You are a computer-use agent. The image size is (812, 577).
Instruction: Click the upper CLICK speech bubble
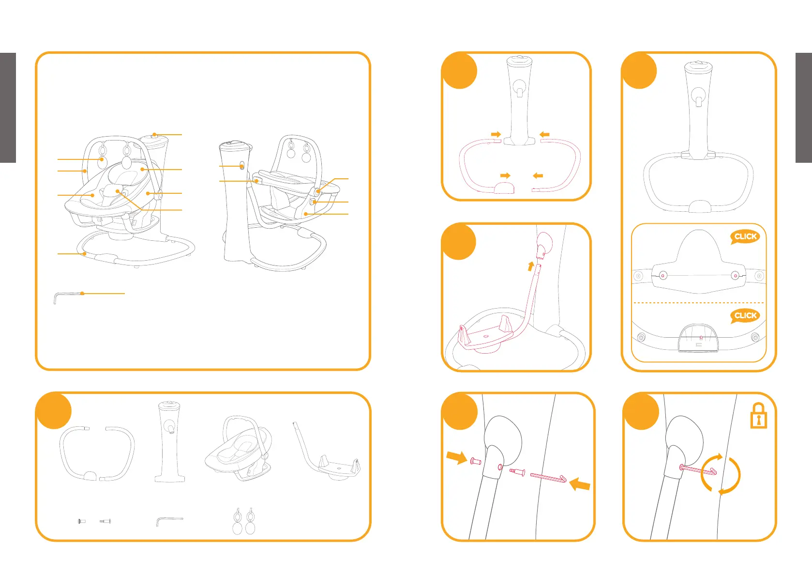tap(745, 237)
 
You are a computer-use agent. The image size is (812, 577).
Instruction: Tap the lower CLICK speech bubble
tap(745, 316)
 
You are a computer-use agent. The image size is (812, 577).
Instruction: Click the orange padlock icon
tap(759, 416)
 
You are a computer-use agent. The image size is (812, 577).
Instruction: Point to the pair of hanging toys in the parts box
tap(243, 521)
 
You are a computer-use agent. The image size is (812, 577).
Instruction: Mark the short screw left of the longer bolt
tap(82, 521)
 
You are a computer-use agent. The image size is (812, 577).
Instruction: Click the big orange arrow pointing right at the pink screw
tap(456, 457)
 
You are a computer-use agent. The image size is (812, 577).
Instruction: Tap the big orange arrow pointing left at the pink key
tap(580, 484)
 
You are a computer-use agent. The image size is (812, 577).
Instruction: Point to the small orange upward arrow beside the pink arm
tap(531, 266)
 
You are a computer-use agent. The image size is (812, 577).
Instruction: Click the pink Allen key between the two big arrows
tap(548, 478)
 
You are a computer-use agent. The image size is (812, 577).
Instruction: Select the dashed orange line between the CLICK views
tap(699, 303)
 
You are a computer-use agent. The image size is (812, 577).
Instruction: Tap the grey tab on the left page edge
tap(8, 108)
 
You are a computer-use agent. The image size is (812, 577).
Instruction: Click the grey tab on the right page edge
tap(804, 108)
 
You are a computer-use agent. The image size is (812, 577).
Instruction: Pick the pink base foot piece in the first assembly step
tap(504, 188)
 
